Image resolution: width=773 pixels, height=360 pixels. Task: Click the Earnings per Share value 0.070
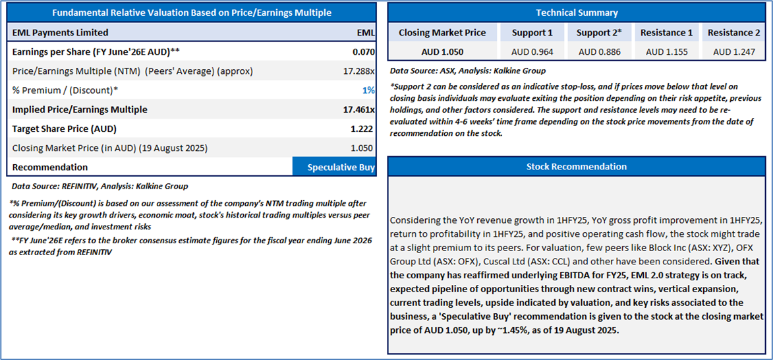point(363,51)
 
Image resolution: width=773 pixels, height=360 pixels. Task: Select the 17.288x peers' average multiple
point(359,71)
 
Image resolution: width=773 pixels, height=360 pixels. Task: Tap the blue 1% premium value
point(368,90)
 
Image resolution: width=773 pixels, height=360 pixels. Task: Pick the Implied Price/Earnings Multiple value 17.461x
point(358,109)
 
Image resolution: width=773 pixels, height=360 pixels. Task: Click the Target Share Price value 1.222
point(362,129)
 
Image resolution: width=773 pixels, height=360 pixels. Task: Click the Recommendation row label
point(50,167)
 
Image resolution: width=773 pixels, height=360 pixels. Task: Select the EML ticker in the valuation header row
point(365,32)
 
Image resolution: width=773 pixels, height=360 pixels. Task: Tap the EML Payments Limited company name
point(60,32)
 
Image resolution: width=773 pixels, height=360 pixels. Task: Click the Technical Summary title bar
point(577,13)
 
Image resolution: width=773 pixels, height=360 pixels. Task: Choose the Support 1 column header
point(532,32)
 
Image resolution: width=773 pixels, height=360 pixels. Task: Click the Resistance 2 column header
point(733,32)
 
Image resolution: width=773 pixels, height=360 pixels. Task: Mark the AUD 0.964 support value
point(532,51)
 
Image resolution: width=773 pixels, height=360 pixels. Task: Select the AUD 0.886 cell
point(599,51)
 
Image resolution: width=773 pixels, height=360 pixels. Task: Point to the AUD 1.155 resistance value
point(666,51)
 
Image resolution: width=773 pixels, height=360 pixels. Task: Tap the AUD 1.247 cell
point(733,51)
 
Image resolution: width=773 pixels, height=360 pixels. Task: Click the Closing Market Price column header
point(442,32)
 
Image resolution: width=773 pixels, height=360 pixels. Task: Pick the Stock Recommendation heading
point(577,166)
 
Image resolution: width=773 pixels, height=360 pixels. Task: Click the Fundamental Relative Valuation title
point(192,13)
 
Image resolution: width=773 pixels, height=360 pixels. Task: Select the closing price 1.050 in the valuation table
point(362,148)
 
